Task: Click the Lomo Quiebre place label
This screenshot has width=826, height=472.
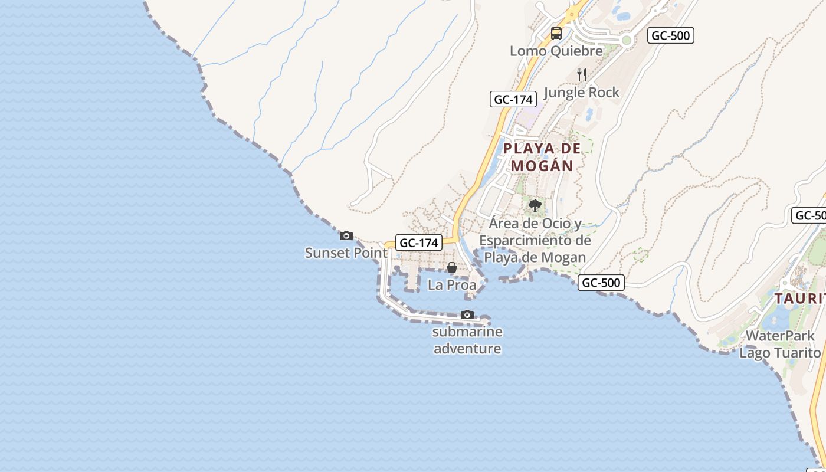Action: tap(556, 51)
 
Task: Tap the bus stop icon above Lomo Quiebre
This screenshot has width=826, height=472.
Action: tap(556, 34)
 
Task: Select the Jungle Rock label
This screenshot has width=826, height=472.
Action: tap(581, 93)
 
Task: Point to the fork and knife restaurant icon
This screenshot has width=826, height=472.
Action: tap(582, 75)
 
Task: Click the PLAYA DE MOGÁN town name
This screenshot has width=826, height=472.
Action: tap(542, 157)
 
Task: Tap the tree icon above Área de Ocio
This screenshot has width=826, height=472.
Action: tap(535, 206)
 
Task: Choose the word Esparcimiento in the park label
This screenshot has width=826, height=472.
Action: tap(535, 241)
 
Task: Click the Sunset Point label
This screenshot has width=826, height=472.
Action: tap(346, 253)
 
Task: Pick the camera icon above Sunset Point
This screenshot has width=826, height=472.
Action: tap(346, 236)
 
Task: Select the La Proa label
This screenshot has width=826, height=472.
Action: tap(452, 285)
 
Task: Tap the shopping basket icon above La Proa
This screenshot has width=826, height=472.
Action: tap(452, 268)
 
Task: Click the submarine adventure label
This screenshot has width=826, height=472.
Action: tap(467, 340)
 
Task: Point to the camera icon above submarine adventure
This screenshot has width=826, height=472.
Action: tap(467, 314)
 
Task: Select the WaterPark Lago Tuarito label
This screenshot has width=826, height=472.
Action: tap(780, 345)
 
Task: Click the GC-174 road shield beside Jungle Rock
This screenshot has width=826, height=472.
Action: tap(513, 99)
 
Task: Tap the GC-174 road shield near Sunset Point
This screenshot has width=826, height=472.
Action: tap(418, 242)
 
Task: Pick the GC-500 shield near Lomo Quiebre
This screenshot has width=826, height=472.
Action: tap(670, 35)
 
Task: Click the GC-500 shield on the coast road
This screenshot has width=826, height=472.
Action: tap(601, 283)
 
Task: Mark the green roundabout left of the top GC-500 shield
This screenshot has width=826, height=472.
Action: tap(627, 41)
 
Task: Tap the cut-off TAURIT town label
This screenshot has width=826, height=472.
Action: tap(799, 299)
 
